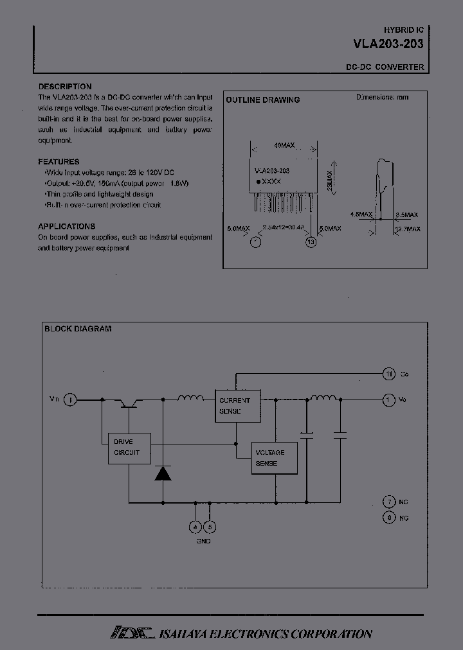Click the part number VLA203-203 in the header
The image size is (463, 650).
pos(388,45)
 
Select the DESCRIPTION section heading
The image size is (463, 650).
pos(65,87)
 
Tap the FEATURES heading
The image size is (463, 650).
pos(59,162)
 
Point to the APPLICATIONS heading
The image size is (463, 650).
pos(67,226)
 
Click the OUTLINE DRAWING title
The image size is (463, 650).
pos(262,100)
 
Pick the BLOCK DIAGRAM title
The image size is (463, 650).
pos(78,329)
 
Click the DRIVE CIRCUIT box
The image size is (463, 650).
pos(129,448)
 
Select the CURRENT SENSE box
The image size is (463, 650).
pos(237,405)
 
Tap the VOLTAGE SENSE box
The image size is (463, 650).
pos(275,458)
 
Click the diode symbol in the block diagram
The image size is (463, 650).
pos(162,473)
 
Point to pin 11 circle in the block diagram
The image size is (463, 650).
pos(388,373)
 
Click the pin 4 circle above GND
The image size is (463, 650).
pos(196,527)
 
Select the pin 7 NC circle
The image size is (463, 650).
pos(388,502)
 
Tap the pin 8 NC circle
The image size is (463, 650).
pos(388,518)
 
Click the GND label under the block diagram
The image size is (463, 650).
pos(203,541)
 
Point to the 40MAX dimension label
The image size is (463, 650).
pos(284,146)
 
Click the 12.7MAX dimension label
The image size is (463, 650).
pos(408,229)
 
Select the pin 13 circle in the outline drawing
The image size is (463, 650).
pos(311,242)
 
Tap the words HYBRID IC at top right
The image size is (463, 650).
pos(404,30)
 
